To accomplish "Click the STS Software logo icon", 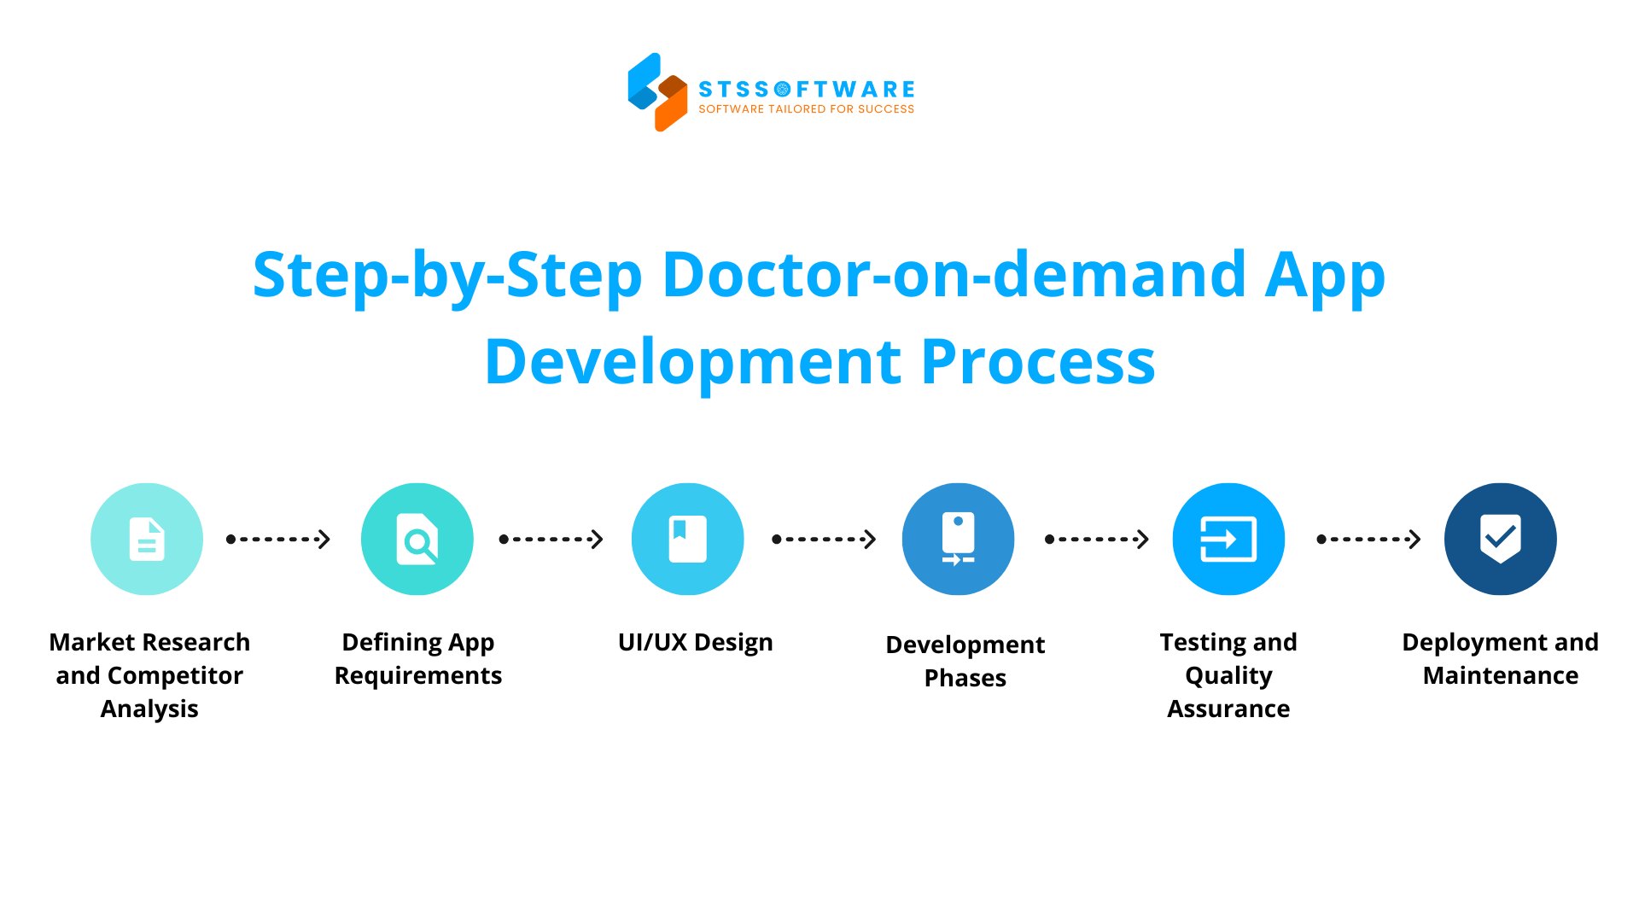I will point(657,91).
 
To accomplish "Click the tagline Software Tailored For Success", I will point(806,109).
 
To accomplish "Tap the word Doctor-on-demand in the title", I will point(954,275).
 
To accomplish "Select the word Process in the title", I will point(1038,362).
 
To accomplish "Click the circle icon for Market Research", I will point(147,539).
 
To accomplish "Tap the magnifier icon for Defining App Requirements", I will point(417,539).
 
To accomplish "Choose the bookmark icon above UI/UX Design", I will point(687,539).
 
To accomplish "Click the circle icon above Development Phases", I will point(958,539).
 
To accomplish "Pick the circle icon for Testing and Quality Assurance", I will point(1228,539).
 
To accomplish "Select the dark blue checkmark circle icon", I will point(1500,539).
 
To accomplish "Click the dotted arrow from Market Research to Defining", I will point(278,539).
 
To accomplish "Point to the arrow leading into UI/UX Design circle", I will point(551,539).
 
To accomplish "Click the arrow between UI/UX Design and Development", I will point(824,539).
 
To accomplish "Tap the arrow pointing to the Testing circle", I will point(1097,539).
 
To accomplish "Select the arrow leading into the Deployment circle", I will point(1368,539).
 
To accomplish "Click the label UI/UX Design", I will point(695,642).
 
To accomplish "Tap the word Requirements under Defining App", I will point(417,675).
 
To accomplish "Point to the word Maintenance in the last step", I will point(1500,675).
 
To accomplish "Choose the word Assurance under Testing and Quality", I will point(1228,709).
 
